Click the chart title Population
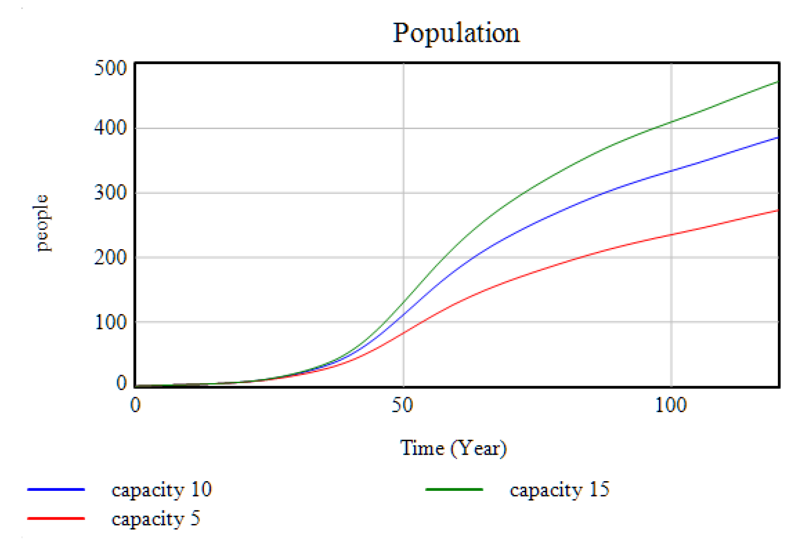click(x=456, y=33)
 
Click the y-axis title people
click(x=42, y=223)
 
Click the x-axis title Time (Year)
click(x=453, y=448)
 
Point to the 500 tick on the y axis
click(x=111, y=68)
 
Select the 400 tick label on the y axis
click(x=111, y=128)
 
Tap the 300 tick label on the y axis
click(x=111, y=192)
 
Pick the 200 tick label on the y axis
click(x=111, y=257)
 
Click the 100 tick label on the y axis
click(x=111, y=322)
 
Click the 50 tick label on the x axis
click(x=402, y=405)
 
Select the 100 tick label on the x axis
click(x=670, y=405)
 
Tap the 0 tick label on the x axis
click(x=135, y=405)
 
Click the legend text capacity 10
click(x=162, y=490)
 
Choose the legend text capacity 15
click(x=560, y=490)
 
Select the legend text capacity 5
click(x=156, y=518)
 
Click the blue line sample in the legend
click(x=56, y=490)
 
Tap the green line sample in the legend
click(x=454, y=490)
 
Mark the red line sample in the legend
click(x=56, y=518)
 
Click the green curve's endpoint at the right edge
click(x=777, y=82)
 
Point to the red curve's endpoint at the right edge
click(x=777, y=210)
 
